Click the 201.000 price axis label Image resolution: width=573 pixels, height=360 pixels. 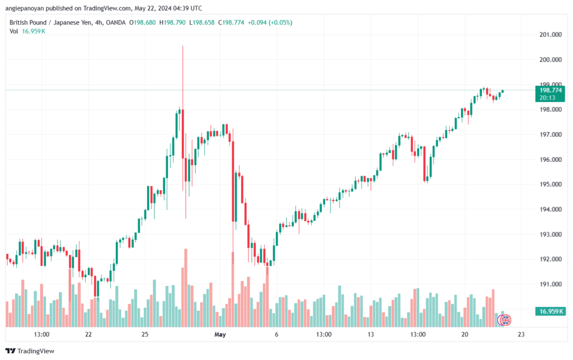pos(551,35)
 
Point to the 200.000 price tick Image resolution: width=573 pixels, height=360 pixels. pos(551,59)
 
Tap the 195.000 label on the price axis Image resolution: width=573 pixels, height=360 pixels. pos(551,184)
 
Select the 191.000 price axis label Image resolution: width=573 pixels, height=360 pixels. pos(551,284)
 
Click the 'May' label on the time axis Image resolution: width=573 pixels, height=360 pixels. pos(220,334)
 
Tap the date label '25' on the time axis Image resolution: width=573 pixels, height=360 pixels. pos(145,334)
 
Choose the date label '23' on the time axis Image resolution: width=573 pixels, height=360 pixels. pos(521,334)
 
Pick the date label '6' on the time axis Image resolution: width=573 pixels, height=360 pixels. pos(276,334)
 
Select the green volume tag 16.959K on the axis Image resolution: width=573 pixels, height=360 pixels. pos(550,311)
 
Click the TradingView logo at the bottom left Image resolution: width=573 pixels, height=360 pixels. pos(30,351)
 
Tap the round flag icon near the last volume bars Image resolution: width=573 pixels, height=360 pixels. pos(505,320)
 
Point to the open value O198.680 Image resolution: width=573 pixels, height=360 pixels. pos(143,22)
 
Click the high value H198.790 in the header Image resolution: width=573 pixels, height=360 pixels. pos(172,22)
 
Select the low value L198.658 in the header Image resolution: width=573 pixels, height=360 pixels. pos(201,22)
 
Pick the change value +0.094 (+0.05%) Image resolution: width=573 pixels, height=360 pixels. pos(270,22)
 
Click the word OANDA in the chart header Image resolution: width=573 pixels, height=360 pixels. pos(115,22)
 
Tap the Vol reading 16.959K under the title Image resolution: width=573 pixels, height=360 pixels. pos(34,31)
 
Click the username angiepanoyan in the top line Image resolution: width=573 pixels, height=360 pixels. pos(25,8)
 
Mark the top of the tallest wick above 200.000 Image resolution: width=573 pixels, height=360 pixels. pos(183,46)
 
